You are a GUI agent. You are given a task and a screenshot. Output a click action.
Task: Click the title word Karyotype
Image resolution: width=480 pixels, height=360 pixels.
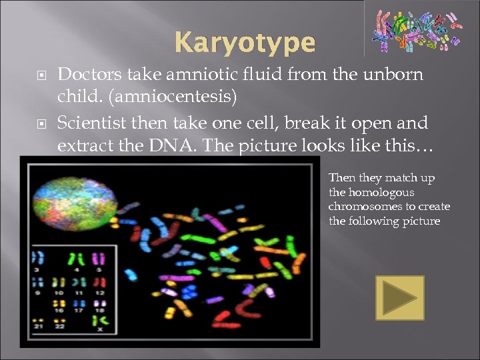pyautogui.click(x=245, y=43)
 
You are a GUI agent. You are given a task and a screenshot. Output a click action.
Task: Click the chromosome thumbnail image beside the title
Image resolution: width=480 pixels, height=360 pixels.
pyautogui.click(x=416, y=30)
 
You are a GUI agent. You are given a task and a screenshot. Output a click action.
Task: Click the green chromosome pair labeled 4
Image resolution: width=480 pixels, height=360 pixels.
pyautogui.click(x=79, y=259)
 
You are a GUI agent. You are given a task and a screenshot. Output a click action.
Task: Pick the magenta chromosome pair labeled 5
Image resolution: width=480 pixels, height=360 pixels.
pyautogui.click(x=99, y=259)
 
